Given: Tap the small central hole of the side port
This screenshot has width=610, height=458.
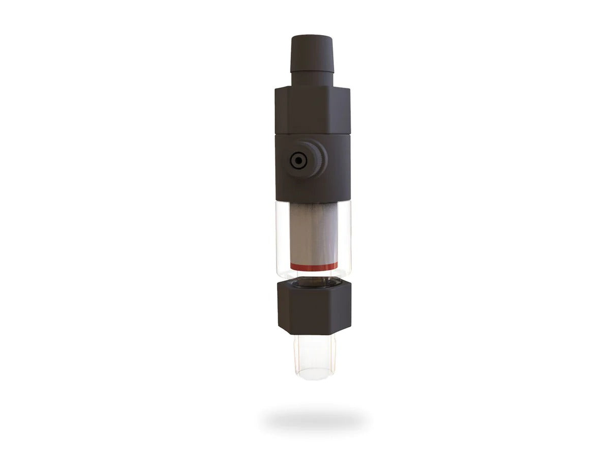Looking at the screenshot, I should (296, 161).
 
